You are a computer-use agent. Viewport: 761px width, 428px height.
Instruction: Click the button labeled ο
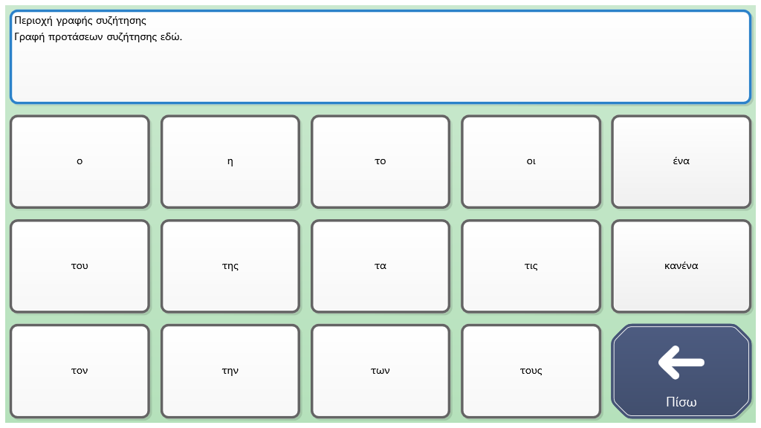point(80,161)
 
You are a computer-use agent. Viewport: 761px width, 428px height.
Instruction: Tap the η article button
point(230,161)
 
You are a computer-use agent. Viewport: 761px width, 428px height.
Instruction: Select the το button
point(380,161)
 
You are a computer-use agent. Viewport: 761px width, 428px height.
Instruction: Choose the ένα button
point(681,161)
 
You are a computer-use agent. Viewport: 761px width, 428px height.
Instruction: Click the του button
point(80,267)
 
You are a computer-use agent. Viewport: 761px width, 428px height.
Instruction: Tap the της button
point(230,267)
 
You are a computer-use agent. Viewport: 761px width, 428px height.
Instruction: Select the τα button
point(380,267)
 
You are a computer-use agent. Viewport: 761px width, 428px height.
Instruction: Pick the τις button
point(531,267)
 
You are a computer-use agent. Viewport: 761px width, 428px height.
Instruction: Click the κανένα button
point(681,267)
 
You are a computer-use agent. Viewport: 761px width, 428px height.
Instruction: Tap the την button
point(230,372)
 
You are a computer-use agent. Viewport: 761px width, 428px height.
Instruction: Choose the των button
point(380,372)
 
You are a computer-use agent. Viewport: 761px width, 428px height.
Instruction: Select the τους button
point(531,372)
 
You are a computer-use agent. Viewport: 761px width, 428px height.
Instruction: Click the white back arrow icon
point(681,363)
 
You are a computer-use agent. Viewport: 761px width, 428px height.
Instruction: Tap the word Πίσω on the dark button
point(681,402)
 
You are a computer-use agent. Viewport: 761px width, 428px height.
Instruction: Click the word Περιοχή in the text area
point(33,21)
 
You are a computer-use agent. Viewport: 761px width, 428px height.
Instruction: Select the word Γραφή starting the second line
point(30,37)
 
